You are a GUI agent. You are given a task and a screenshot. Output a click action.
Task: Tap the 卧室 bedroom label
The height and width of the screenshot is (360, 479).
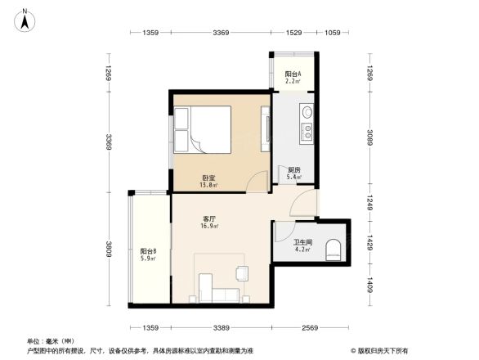coord(208,178)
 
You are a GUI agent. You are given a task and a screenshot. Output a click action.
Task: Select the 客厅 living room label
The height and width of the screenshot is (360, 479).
coord(209,219)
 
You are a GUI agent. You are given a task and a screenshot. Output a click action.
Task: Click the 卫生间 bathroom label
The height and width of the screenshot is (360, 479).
coord(302,242)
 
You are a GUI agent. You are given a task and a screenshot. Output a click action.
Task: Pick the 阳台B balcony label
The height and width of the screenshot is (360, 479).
coord(148,251)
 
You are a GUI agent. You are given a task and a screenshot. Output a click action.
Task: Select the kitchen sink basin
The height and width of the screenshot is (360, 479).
coord(307,112)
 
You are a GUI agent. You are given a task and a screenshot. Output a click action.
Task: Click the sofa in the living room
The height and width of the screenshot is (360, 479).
coord(217,295)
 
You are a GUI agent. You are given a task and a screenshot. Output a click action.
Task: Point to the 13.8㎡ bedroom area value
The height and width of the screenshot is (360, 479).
coord(208,186)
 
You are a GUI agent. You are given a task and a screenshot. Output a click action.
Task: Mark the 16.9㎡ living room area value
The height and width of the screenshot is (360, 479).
coord(209,227)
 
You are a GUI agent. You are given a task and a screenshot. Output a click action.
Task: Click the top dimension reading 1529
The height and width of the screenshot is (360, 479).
coord(293,33)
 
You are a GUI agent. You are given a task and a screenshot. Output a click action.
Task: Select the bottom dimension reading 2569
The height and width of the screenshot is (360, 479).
coord(307,328)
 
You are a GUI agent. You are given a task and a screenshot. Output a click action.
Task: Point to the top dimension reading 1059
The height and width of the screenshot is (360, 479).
coord(333,33)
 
